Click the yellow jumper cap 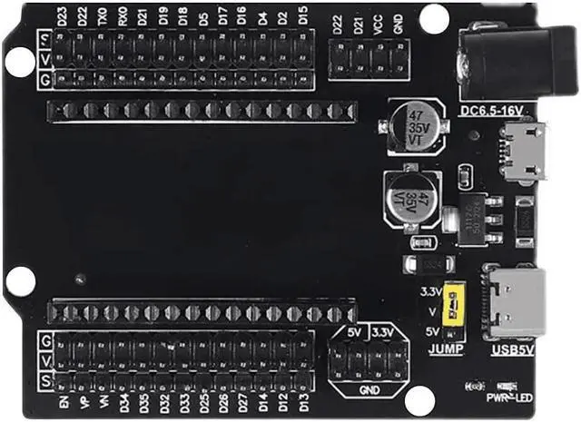pos(448,308)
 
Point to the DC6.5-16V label pos(492,111)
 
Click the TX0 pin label pos(102,16)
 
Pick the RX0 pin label pos(123,16)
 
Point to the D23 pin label pos(62,16)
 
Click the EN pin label pos(63,399)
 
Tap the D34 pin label pos(123,399)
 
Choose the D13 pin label pos(303,399)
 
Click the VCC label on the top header pos(377,24)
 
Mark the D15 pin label pos(302,16)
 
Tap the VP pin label pos(83,399)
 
